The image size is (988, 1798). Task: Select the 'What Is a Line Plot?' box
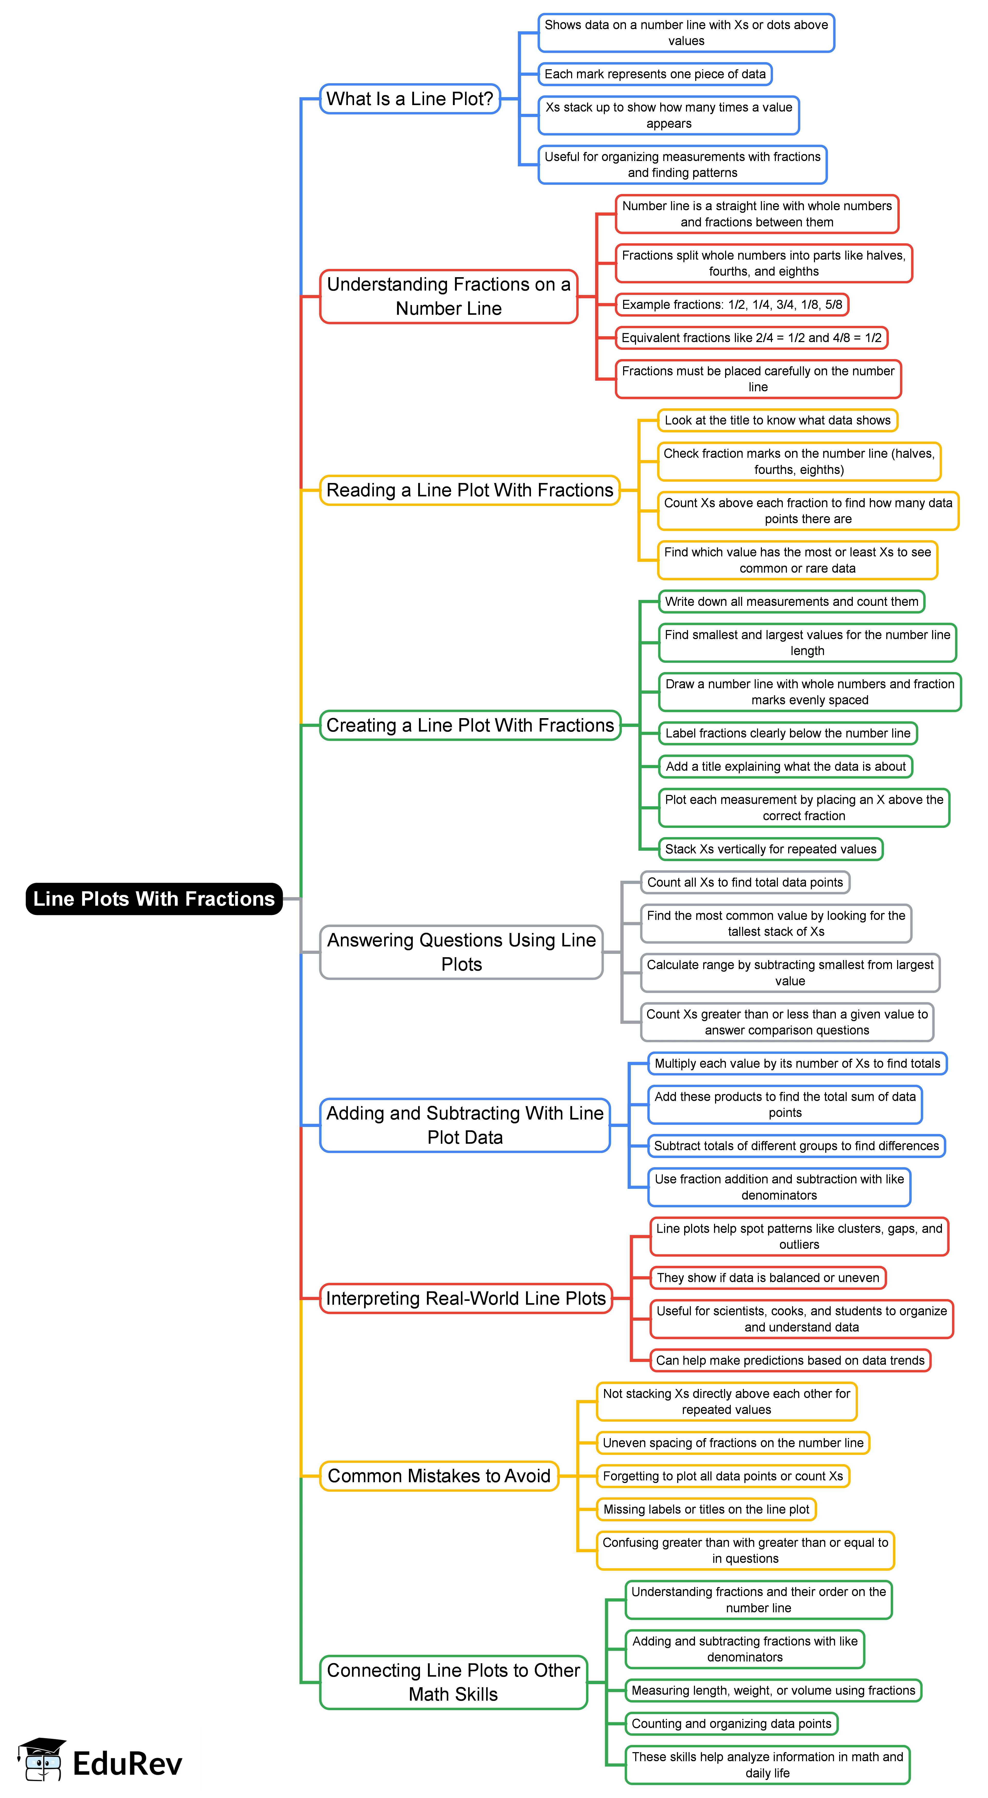click(x=410, y=99)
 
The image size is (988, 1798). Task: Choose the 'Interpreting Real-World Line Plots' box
click(x=465, y=1298)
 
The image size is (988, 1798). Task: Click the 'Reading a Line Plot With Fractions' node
click(x=470, y=490)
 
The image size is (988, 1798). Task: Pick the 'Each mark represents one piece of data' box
click(x=655, y=74)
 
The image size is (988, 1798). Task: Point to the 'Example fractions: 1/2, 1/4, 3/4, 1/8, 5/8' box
click(x=731, y=304)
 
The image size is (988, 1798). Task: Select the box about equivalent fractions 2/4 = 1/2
click(x=751, y=338)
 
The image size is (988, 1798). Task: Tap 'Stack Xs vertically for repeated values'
click(x=770, y=849)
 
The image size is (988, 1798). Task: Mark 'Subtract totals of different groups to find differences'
click(x=796, y=1145)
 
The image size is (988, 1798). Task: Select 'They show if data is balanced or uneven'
click(x=768, y=1277)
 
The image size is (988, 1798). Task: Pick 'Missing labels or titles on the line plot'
click(x=706, y=1509)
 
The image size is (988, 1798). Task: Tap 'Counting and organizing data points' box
click(x=731, y=1723)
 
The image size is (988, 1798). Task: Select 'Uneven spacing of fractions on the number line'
click(x=733, y=1443)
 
